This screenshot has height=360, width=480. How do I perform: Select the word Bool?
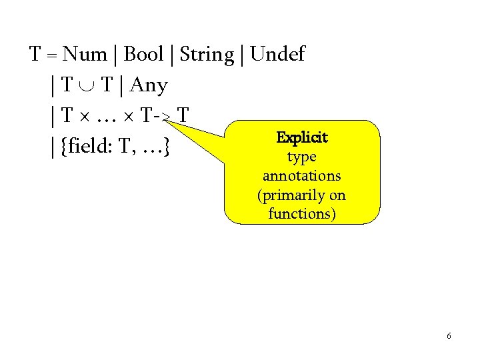pos(144,55)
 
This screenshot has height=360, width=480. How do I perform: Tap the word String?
pos(207,55)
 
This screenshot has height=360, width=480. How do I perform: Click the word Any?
pos(149,85)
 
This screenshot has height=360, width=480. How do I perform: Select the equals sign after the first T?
pos(51,55)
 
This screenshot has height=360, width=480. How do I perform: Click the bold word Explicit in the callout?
pos(302,138)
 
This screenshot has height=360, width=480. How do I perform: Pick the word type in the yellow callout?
pos(301,157)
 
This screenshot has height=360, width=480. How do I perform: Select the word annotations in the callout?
pos(301,176)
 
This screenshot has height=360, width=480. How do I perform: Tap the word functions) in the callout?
pos(301,214)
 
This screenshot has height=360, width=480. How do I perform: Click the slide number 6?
pos(449,336)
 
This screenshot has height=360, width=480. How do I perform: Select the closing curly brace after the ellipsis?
pos(164,147)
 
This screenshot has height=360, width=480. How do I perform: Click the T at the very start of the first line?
pos(36,55)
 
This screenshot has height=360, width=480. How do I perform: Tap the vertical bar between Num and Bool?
pos(117,55)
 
